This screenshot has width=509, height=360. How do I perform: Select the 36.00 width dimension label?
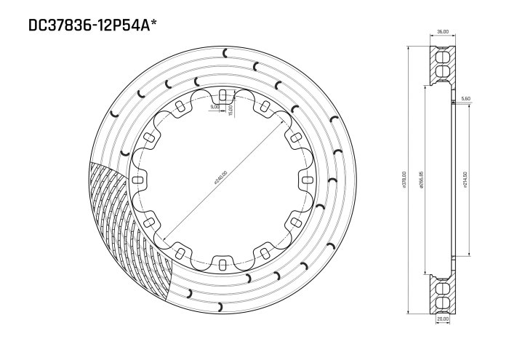click(x=441, y=32)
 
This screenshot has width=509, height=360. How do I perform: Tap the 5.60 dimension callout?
click(x=465, y=97)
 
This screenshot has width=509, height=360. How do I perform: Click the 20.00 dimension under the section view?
click(x=441, y=319)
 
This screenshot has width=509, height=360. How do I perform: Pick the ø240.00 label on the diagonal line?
click(x=220, y=180)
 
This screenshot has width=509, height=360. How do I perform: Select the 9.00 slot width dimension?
click(x=214, y=107)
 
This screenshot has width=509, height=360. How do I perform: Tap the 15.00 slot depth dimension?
click(x=230, y=109)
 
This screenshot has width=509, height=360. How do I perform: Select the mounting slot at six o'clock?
click(x=223, y=263)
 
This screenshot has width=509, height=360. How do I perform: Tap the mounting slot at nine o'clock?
click(x=138, y=179)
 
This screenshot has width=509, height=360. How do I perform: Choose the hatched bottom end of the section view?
click(x=441, y=295)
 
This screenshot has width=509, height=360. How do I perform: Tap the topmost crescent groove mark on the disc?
click(x=226, y=51)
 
